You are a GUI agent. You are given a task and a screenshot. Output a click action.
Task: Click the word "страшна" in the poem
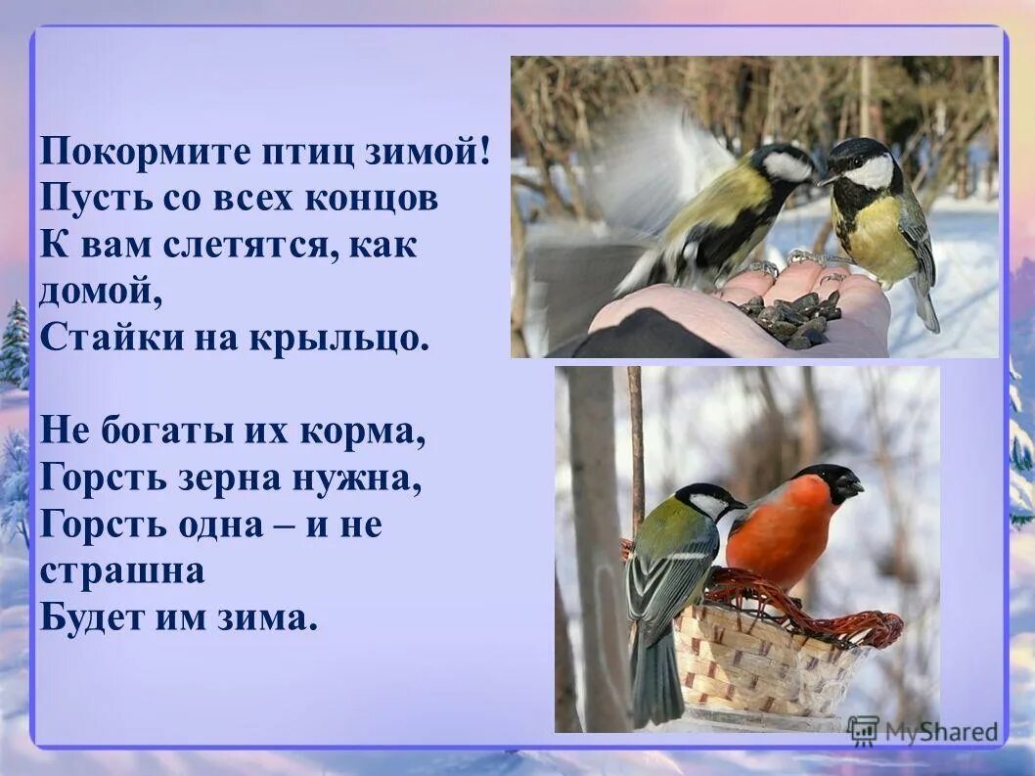tap(122, 571)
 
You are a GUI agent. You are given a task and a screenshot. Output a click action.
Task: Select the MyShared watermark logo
tap(925, 730)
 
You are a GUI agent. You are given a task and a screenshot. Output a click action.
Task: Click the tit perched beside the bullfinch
tap(675, 568)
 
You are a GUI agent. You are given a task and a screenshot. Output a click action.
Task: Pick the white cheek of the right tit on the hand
tap(871, 173)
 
